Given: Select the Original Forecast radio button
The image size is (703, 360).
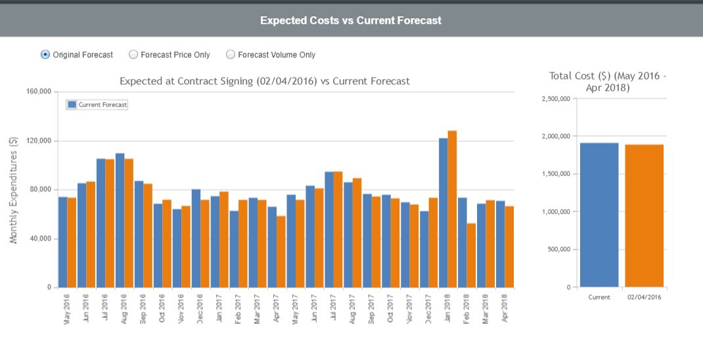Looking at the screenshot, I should pyautogui.click(x=45, y=55).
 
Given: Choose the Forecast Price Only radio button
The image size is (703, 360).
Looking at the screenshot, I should pyautogui.click(x=133, y=55).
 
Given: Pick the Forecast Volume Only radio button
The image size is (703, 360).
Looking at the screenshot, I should pyautogui.click(x=231, y=55).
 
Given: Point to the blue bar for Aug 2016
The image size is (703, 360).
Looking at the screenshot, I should pyautogui.click(x=120, y=220).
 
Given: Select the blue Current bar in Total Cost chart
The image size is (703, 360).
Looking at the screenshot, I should pyautogui.click(x=599, y=215).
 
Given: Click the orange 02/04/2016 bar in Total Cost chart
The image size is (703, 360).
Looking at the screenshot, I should pyautogui.click(x=644, y=215).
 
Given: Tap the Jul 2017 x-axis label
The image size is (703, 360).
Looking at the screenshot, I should pyautogui.click(x=334, y=307).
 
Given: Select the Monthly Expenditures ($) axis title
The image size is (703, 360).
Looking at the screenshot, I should pyautogui.click(x=14, y=191).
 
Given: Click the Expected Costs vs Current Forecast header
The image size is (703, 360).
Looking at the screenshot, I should pyautogui.click(x=351, y=20).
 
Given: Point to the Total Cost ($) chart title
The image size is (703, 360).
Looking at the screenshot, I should pyautogui.click(x=608, y=81).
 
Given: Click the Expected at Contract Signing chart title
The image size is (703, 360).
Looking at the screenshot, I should pyautogui.click(x=264, y=81).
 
